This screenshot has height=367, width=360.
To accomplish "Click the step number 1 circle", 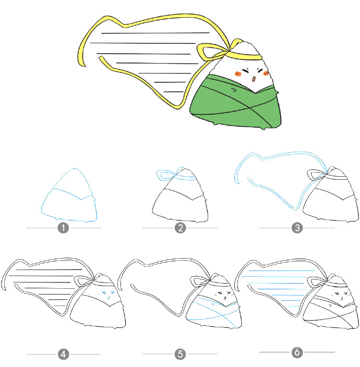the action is [63, 228].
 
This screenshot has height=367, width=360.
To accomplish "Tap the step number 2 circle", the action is [181, 228].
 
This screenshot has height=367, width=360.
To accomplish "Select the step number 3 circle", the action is [297, 228].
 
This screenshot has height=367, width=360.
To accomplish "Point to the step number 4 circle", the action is [63, 354].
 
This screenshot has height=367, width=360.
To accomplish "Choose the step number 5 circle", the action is [181, 354].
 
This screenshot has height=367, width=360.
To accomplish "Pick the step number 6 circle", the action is [297, 352].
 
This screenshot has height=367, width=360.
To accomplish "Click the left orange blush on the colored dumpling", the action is [238, 74].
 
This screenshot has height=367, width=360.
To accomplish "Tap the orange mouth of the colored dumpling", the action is [254, 79].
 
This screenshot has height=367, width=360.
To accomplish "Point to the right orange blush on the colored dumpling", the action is [266, 74].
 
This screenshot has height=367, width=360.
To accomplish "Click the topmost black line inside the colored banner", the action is [155, 33].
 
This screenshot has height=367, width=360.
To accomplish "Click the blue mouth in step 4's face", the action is [109, 298].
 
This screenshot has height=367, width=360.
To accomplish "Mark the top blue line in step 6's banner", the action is [282, 271].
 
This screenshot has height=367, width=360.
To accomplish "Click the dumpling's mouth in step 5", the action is [225, 298].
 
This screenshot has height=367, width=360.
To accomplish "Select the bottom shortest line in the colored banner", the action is [174, 92].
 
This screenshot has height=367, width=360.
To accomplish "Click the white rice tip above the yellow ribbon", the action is [246, 48].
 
